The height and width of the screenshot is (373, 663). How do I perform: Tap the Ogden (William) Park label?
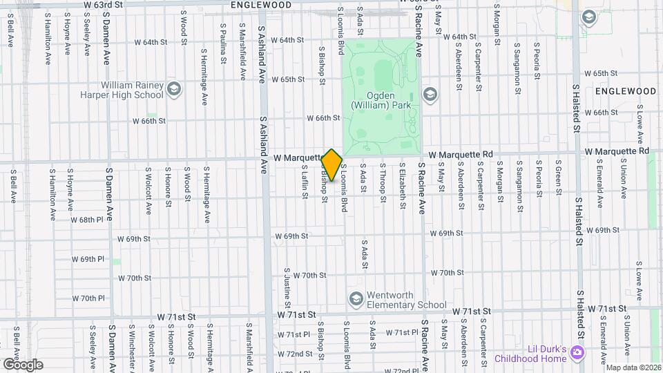coord(381,99)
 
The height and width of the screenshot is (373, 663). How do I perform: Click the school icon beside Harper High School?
coord(173,88)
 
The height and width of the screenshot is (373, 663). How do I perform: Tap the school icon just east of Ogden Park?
coord(430,94)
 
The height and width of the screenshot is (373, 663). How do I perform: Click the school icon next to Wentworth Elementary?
coord(356,298)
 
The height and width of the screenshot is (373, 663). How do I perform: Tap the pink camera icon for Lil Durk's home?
coord(577,353)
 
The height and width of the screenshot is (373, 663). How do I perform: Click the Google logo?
coord(23,364)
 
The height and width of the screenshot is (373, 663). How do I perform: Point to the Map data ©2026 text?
coord(633,367)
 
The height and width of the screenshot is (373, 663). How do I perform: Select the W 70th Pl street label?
coord(88,298)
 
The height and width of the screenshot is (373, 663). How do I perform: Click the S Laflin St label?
coord(304,182)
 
